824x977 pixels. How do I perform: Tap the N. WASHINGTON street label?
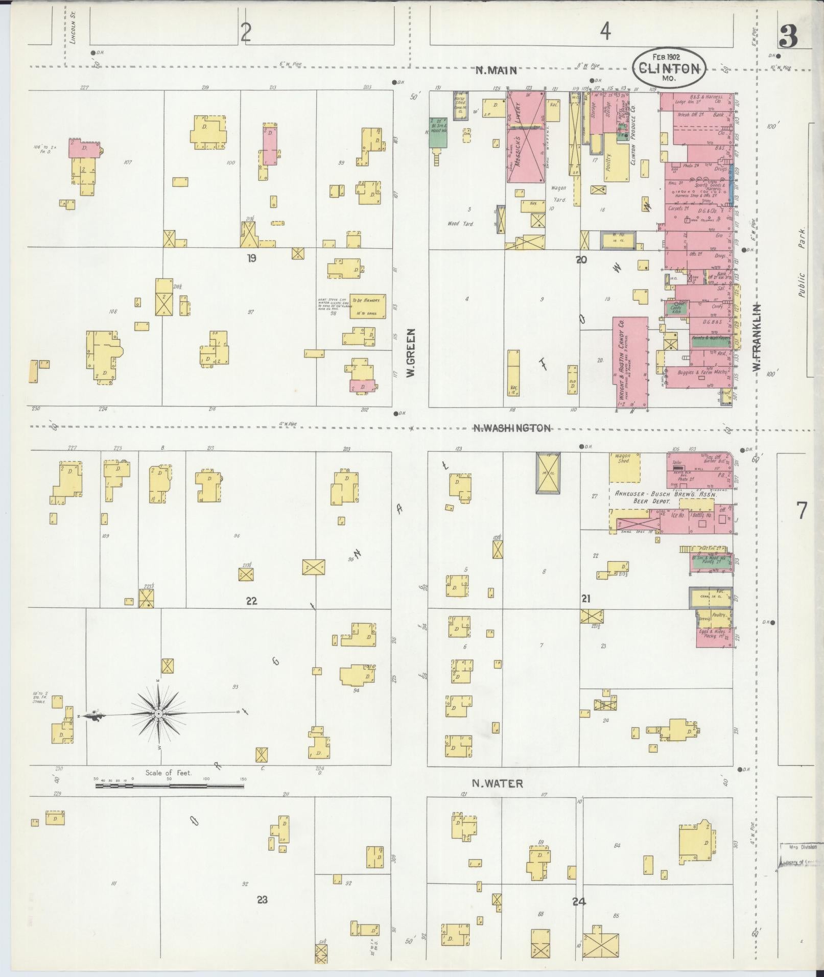(512, 428)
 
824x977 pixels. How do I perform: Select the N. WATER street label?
(497, 797)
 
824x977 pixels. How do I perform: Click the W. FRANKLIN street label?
(757, 338)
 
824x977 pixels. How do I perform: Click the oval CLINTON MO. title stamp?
(669, 68)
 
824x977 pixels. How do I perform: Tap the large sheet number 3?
(789, 37)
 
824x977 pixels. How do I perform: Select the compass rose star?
(159, 713)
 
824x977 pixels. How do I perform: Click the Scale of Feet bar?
(169, 800)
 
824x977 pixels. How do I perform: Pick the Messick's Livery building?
(526, 136)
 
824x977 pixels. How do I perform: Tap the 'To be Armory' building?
(367, 306)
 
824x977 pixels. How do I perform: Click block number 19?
(251, 258)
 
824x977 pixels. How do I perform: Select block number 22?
(251, 601)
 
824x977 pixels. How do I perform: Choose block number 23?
(262, 899)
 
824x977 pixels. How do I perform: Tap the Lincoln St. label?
(73, 32)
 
